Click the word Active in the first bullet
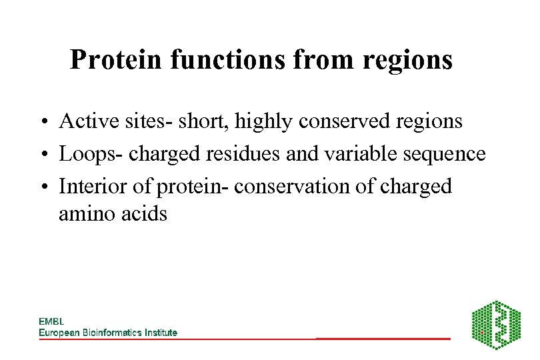click(81, 121)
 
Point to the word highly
click(262, 121)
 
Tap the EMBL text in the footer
click(51, 322)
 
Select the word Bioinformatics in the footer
click(109, 333)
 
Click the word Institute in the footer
click(160, 333)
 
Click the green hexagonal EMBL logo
click(496, 325)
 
